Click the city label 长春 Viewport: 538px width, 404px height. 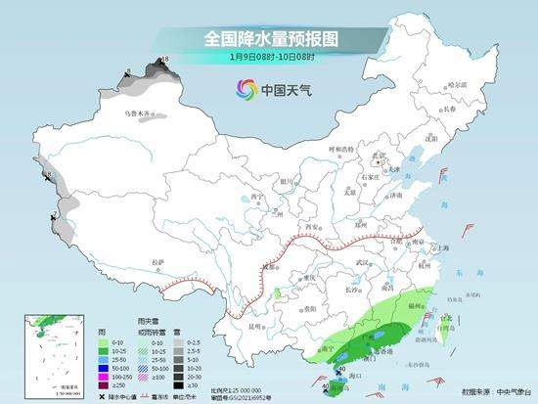[x=476, y=109]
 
